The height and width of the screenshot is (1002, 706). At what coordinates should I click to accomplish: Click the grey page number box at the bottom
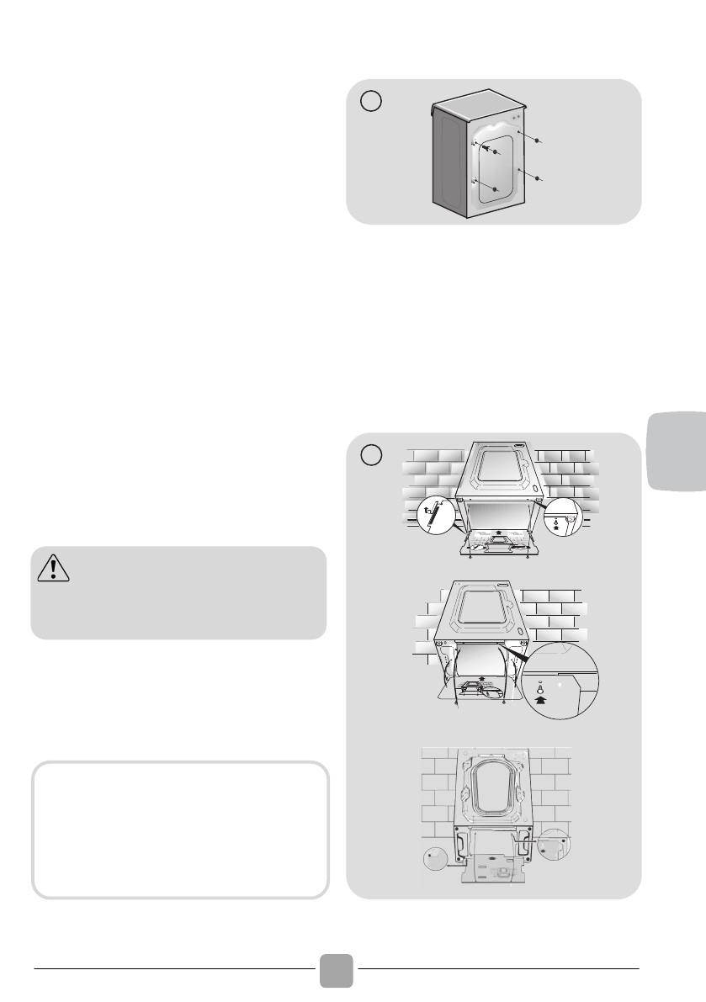pos(336,970)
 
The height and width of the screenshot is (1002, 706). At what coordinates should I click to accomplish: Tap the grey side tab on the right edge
pos(677,451)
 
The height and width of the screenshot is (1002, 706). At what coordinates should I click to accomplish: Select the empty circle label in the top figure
pos(371,102)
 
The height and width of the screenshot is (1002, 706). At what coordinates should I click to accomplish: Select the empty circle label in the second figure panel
pos(371,455)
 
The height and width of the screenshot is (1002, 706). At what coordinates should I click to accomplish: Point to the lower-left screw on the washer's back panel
pos(496,190)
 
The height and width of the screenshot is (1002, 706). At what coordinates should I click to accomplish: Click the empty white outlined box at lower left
pos(179,830)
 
